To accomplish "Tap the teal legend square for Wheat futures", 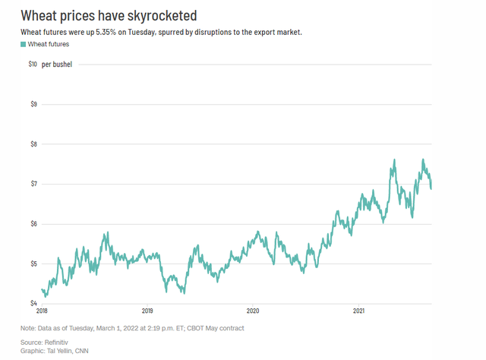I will click(23, 44).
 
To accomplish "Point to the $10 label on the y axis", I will click(33, 65).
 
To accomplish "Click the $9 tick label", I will click(33, 104).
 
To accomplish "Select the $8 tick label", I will click(33, 144).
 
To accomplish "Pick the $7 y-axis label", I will click(33, 184).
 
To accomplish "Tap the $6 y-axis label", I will click(33, 223).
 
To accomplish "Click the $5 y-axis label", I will click(33, 264).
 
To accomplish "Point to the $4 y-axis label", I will click(33, 303).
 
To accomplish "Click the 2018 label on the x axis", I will click(43, 311).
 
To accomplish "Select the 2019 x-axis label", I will click(148, 311).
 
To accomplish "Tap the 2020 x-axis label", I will click(254, 311).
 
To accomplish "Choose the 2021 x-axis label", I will click(359, 311).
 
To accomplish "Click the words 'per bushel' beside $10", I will click(58, 65).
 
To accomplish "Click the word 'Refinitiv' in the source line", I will click(62, 343).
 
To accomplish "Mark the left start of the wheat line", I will click(42, 289).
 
